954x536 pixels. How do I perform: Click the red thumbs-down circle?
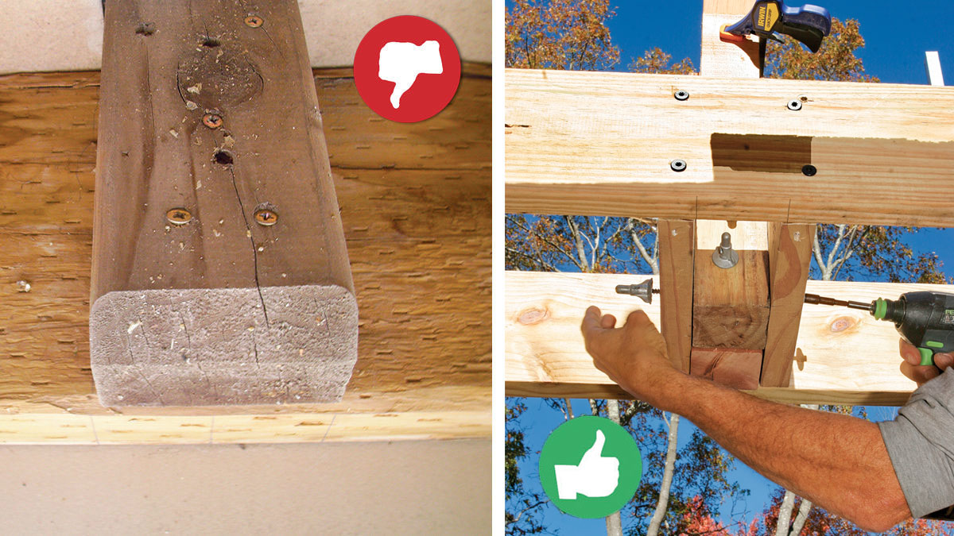pos(407,69)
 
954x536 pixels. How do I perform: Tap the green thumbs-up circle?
pos(590,467)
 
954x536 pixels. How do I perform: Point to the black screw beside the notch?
pos(809,170)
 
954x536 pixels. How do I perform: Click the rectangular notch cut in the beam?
pos(761,152)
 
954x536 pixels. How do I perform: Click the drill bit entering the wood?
pos(835,303)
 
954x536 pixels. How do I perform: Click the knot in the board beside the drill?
pos(842,324)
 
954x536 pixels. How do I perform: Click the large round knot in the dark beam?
pos(219,80)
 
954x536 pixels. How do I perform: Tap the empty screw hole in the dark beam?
pos(223,157)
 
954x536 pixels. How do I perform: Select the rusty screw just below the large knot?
pos(211,121)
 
